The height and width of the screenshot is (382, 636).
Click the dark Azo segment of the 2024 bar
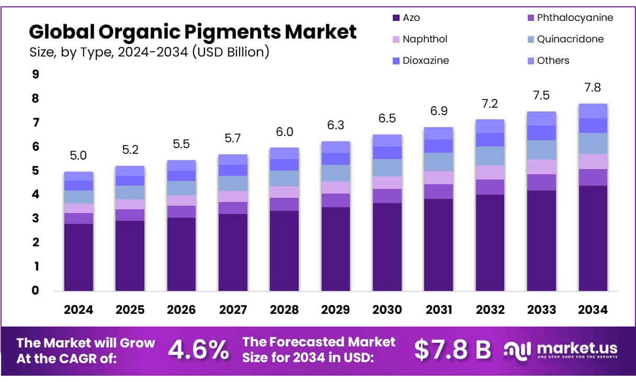78,257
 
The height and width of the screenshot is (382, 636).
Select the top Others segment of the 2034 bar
593,111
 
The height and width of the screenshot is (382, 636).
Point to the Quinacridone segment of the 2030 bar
387,167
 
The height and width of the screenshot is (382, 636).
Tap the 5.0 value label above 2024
78,155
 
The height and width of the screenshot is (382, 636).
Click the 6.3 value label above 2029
336,125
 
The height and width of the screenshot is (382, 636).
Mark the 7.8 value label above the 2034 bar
593,87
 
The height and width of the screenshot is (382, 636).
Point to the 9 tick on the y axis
36,74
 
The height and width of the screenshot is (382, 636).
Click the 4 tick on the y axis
36,195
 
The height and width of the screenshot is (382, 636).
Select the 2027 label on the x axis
233,310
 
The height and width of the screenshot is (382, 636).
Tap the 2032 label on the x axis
490,310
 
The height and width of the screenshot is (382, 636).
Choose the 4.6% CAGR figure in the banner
198,350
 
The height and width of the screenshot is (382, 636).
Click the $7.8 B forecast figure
452,350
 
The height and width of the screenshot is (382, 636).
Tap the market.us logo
561,350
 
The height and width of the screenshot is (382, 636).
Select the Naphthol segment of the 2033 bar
541,167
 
